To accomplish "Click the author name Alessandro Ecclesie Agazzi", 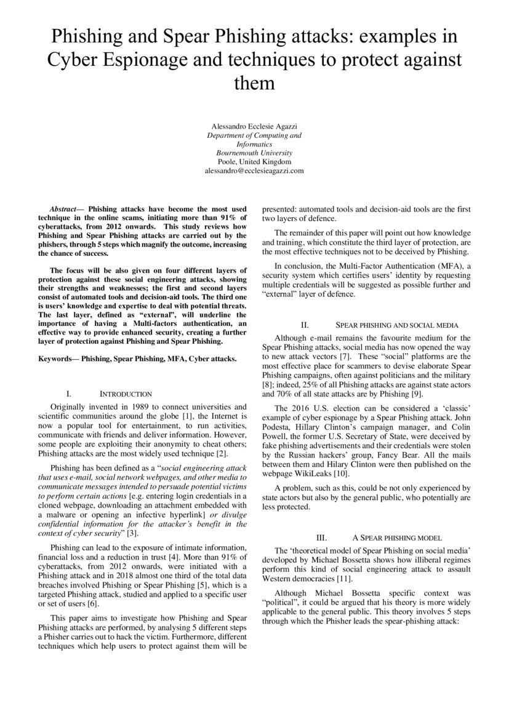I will pyautogui.click(x=254, y=125).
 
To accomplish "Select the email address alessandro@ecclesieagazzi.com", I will pyautogui.click(x=254, y=170).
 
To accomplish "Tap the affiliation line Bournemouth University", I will pyautogui.click(x=254, y=152).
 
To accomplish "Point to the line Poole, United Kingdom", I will pyautogui.click(x=254, y=161).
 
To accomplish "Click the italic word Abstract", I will pyautogui.click(x=66, y=210).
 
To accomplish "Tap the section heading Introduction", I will pyautogui.click(x=126, y=393).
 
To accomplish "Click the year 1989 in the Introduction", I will pyautogui.click(x=134, y=407).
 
